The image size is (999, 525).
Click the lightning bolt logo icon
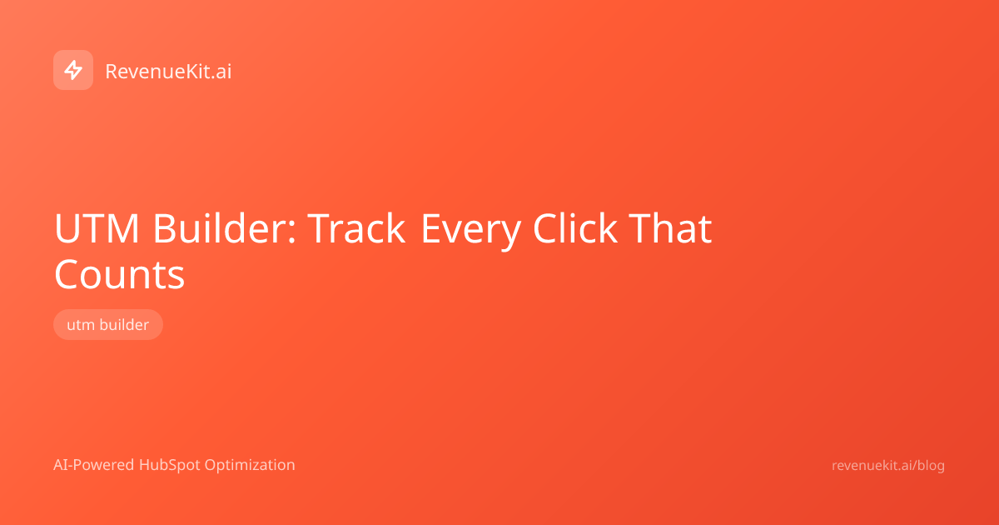coord(73,70)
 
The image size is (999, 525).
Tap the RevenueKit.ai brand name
coord(168,72)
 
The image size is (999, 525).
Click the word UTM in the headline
coord(97,228)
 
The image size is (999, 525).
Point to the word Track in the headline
coord(356,228)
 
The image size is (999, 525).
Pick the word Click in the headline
coord(575,227)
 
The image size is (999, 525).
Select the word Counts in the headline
coord(119,274)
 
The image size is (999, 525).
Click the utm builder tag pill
coord(108,324)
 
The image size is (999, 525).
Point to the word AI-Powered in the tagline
coord(93,465)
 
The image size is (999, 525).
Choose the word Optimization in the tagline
coord(250,466)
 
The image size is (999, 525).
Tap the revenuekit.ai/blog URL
coord(888,466)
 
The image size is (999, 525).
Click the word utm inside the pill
coord(81,325)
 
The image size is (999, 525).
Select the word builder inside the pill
coord(124,324)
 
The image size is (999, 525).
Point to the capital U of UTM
coord(67,228)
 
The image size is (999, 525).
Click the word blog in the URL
coord(931,466)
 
